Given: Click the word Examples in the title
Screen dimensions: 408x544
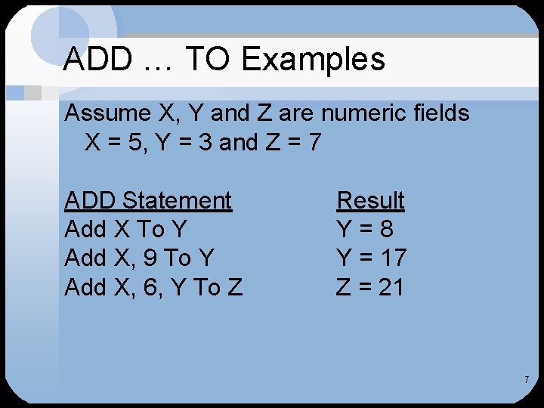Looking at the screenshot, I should (x=312, y=59).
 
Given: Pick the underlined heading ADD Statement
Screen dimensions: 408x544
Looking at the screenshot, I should (x=148, y=200).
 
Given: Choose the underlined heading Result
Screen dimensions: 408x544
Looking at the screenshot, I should (x=370, y=200).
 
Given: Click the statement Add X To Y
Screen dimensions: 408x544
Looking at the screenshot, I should (x=125, y=229).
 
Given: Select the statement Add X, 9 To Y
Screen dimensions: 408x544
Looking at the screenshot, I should (x=140, y=258).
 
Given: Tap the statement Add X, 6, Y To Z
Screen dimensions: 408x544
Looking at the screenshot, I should (x=153, y=287).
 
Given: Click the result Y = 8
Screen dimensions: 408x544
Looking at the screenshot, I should (x=365, y=229).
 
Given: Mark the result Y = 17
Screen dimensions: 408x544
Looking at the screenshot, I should (x=371, y=258).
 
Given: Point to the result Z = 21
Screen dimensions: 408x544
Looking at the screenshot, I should (x=370, y=287).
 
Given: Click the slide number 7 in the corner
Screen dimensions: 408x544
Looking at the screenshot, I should (x=527, y=379).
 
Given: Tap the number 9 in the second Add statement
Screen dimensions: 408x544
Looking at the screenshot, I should (x=150, y=258).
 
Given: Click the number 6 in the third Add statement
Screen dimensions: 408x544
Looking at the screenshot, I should (x=150, y=287).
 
